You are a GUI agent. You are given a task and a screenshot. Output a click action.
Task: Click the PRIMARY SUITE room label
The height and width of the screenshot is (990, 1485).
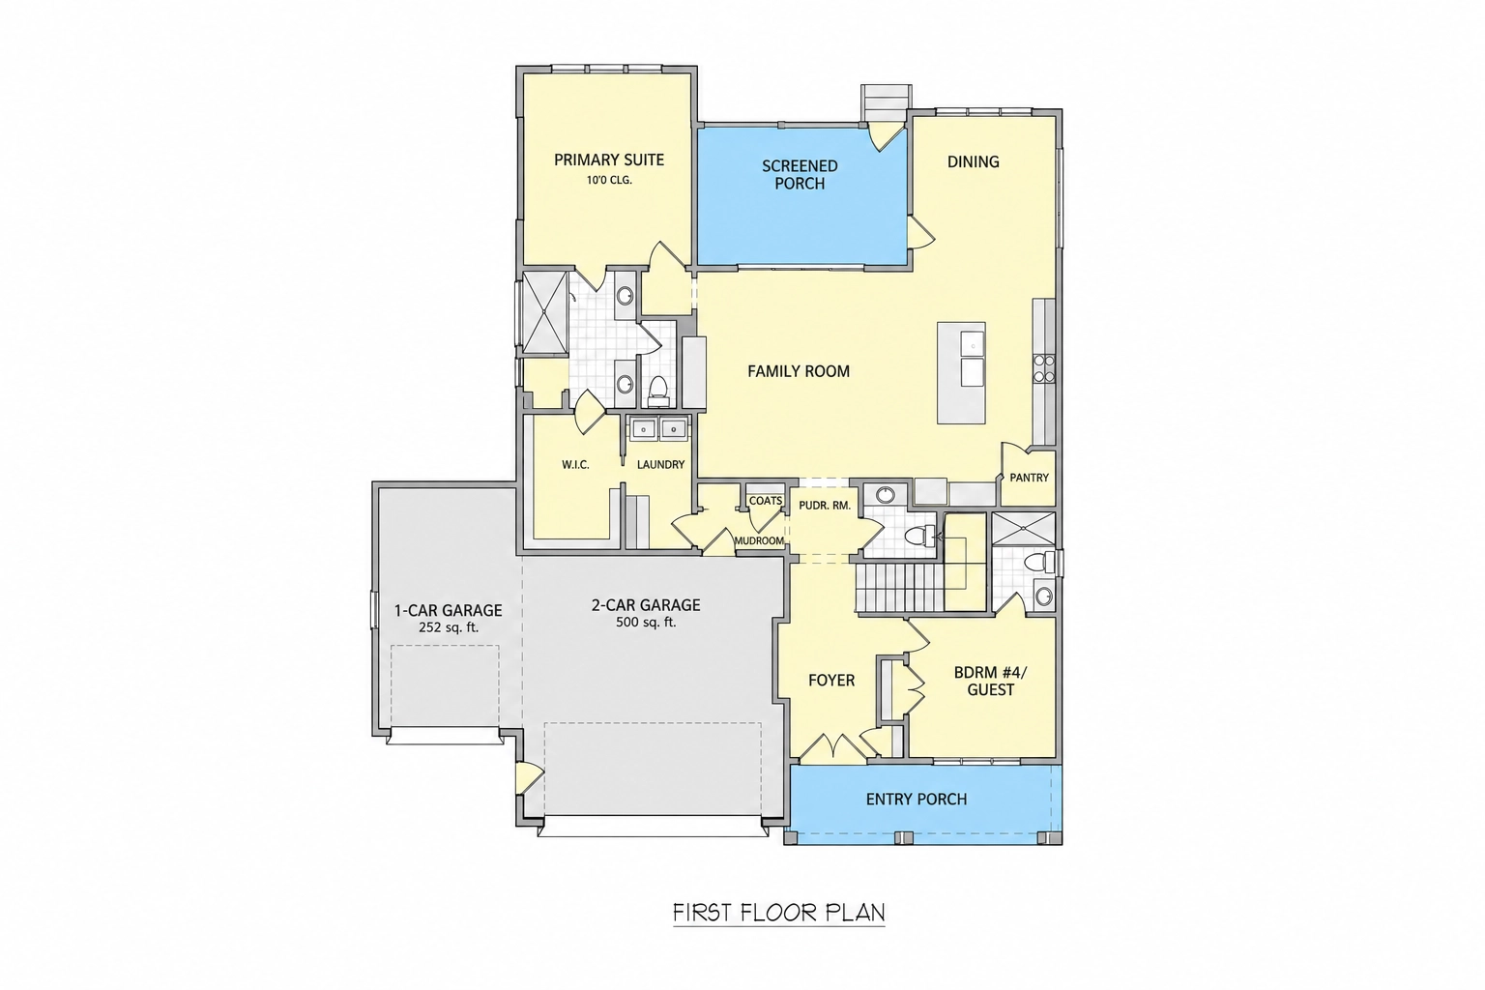pyautogui.click(x=608, y=160)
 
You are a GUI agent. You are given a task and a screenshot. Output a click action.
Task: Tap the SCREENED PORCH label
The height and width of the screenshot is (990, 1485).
pyautogui.click(x=800, y=174)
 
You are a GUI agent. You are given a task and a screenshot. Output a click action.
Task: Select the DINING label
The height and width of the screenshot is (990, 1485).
pyautogui.click(x=974, y=161)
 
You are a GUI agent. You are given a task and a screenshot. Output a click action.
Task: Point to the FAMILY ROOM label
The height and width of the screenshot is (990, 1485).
pyautogui.click(x=799, y=371)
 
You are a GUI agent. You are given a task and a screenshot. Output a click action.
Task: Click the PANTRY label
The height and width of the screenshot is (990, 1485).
pyautogui.click(x=1029, y=478)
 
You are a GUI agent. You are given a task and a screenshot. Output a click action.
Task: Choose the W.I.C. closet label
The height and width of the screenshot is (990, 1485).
pyautogui.click(x=575, y=465)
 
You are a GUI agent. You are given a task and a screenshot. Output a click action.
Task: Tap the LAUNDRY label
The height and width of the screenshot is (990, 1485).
pyautogui.click(x=660, y=465)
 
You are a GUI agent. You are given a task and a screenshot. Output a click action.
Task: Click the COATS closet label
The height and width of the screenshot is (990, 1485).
pyautogui.click(x=766, y=501)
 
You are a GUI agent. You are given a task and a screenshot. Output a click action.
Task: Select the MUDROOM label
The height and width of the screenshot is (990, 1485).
pyautogui.click(x=759, y=541)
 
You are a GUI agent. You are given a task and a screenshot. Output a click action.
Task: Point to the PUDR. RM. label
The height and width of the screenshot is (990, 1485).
pyautogui.click(x=825, y=506)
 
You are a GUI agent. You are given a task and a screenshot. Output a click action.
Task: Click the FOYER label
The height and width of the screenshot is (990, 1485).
pyautogui.click(x=831, y=681)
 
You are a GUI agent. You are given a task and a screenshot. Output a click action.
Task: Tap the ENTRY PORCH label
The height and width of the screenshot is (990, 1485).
pyautogui.click(x=917, y=799)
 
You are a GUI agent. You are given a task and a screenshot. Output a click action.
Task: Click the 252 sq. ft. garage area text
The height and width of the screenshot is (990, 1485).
pyautogui.click(x=449, y=626)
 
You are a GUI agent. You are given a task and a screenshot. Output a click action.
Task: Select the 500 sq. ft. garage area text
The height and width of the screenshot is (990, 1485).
pyautogui.click(x=646, y=622)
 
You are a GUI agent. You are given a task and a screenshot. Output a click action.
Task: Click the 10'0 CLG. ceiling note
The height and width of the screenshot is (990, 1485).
pyautogui.click(x=608, y=180)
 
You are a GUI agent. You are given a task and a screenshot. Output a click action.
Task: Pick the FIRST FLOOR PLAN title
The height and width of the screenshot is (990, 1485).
pyautogui.click(x=779, y=913)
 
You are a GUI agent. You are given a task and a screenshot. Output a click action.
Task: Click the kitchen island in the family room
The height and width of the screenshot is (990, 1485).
pyautogui.click(x=961, y=372)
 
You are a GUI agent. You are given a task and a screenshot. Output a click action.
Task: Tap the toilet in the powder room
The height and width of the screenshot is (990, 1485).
pyautogui.click(x=919, y=534)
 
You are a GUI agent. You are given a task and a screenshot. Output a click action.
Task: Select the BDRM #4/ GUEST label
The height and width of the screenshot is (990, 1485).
pyautogui.click(x=990, y=682)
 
